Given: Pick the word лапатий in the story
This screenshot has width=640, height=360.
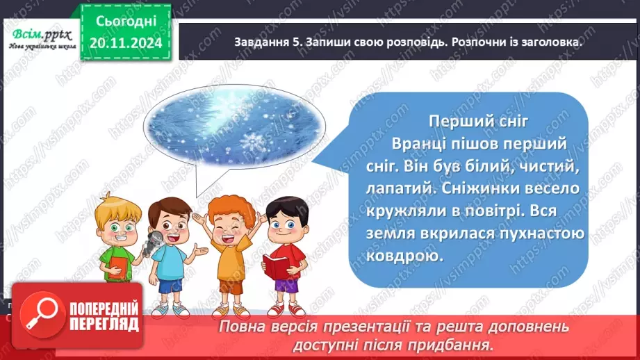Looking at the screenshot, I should point(390,188).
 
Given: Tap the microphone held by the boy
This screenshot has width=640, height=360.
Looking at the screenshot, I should point(156,240).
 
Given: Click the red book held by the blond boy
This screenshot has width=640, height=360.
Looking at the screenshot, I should point(118,266).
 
